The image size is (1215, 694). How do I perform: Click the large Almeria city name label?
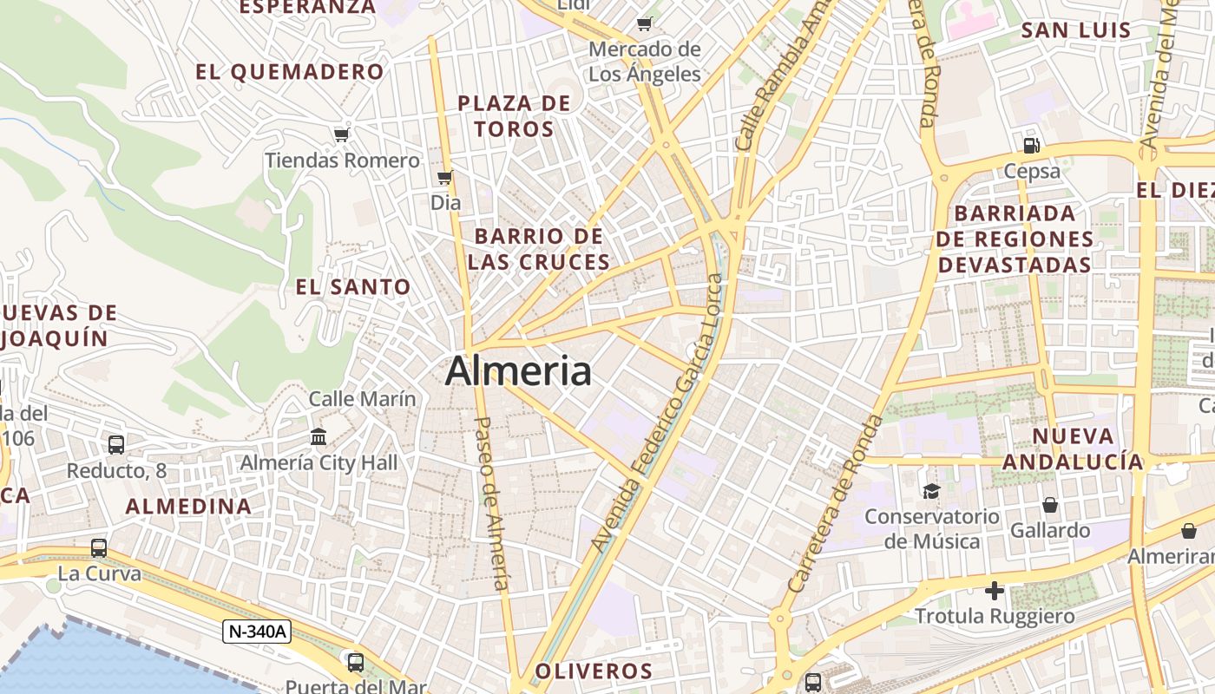point(518,372)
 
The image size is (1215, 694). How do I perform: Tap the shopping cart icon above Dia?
point(445,177)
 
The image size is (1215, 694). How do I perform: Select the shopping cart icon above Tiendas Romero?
point(342,134)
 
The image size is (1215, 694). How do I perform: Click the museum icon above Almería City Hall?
point(319,435)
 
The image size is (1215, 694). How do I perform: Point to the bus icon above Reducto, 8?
point(116,444)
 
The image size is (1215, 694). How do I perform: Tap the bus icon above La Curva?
point(99,548)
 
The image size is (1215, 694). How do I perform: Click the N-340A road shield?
point(256,632)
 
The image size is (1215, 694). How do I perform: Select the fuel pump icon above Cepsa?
point(1032,145)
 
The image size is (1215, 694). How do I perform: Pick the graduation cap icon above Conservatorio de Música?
point(931,491)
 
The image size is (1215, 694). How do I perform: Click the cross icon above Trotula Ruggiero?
point(995,592)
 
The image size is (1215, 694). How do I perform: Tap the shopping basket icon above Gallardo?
point(1050,505)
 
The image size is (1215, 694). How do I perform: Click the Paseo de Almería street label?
point(492,503)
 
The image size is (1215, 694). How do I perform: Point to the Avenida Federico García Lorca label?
point(657,413)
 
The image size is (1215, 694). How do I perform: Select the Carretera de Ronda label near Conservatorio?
point(836,504)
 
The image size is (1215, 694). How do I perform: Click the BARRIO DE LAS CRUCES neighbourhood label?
point(539,249)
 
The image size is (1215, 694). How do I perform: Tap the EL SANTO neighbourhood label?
point(353,287)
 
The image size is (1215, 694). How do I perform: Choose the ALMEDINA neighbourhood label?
point(188,507)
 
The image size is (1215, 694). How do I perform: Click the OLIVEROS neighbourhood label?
point(594,671)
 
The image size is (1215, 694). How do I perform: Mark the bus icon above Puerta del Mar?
point(356,663)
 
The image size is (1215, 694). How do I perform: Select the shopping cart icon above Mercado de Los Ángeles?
point(644,23)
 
